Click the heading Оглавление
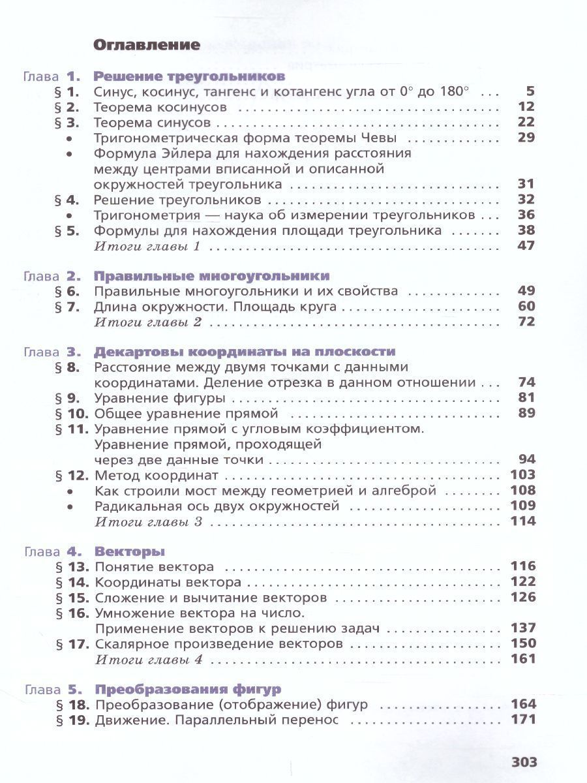pos(146,45)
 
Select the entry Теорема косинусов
pos(160,107)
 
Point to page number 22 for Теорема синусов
pos(525,122)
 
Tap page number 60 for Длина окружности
pos(525,306)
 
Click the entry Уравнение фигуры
pos(160,398)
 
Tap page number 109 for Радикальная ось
pos(522,506)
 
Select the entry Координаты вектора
pos(168,582)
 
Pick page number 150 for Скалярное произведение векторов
pos(522,643)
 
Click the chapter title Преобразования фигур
pos(188,689)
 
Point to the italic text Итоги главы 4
pos(149,659)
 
